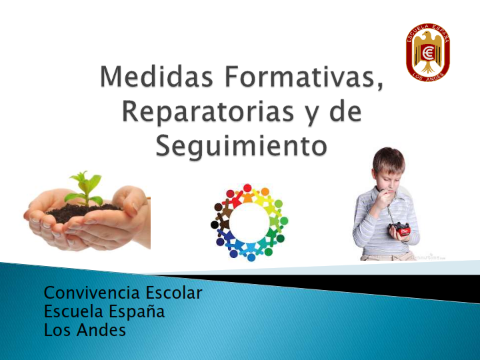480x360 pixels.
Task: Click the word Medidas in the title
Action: pyautogui.click(x=156, y=77)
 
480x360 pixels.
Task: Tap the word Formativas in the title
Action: pyautogui.click(x=304, y=77)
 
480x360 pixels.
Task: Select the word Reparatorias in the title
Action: pyautogui.click(x=208, y=111)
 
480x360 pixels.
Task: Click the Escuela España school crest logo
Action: pyautogui.click(x=428, y=52)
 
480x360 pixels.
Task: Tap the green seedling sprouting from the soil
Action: pyautogui.click(x=85, y=188)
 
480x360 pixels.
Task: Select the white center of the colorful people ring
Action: pyautogui.click(x=249, y=222)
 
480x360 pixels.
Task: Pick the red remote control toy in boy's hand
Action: pyautogui.click(x=399, y=229)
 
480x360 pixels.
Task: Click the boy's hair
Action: pyautogui.click(x=389, y=159)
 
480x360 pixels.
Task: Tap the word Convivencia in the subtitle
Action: pyautogui.click(x=93, y=293)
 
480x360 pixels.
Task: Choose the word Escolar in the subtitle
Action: pyautogui.click(x=173, y=293)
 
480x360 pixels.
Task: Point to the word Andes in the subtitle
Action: pyautogui.click(x=101, y=330)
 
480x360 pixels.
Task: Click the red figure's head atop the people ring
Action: pyautogui.click(x=247, y=187)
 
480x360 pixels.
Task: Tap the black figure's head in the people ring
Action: pyautogui.click(x=215, y=225)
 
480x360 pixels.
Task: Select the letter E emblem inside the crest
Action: pyautogui.click(x=428, y=53)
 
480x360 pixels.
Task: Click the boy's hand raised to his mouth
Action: pyautogui.click(x=382, y=197)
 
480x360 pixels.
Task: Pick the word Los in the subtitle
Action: pyautogui.click(x=58, y=330)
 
